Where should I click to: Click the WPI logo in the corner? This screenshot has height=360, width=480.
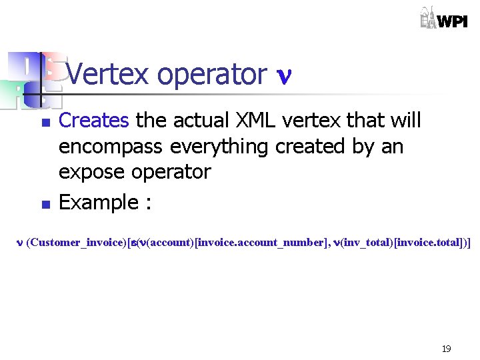(443, 18)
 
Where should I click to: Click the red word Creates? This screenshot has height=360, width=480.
(93, 121)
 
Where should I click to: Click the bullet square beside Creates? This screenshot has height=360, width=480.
(45, 123)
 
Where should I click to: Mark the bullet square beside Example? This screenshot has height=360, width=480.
(45, 204)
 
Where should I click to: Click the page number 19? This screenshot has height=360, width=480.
(446, 348)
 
